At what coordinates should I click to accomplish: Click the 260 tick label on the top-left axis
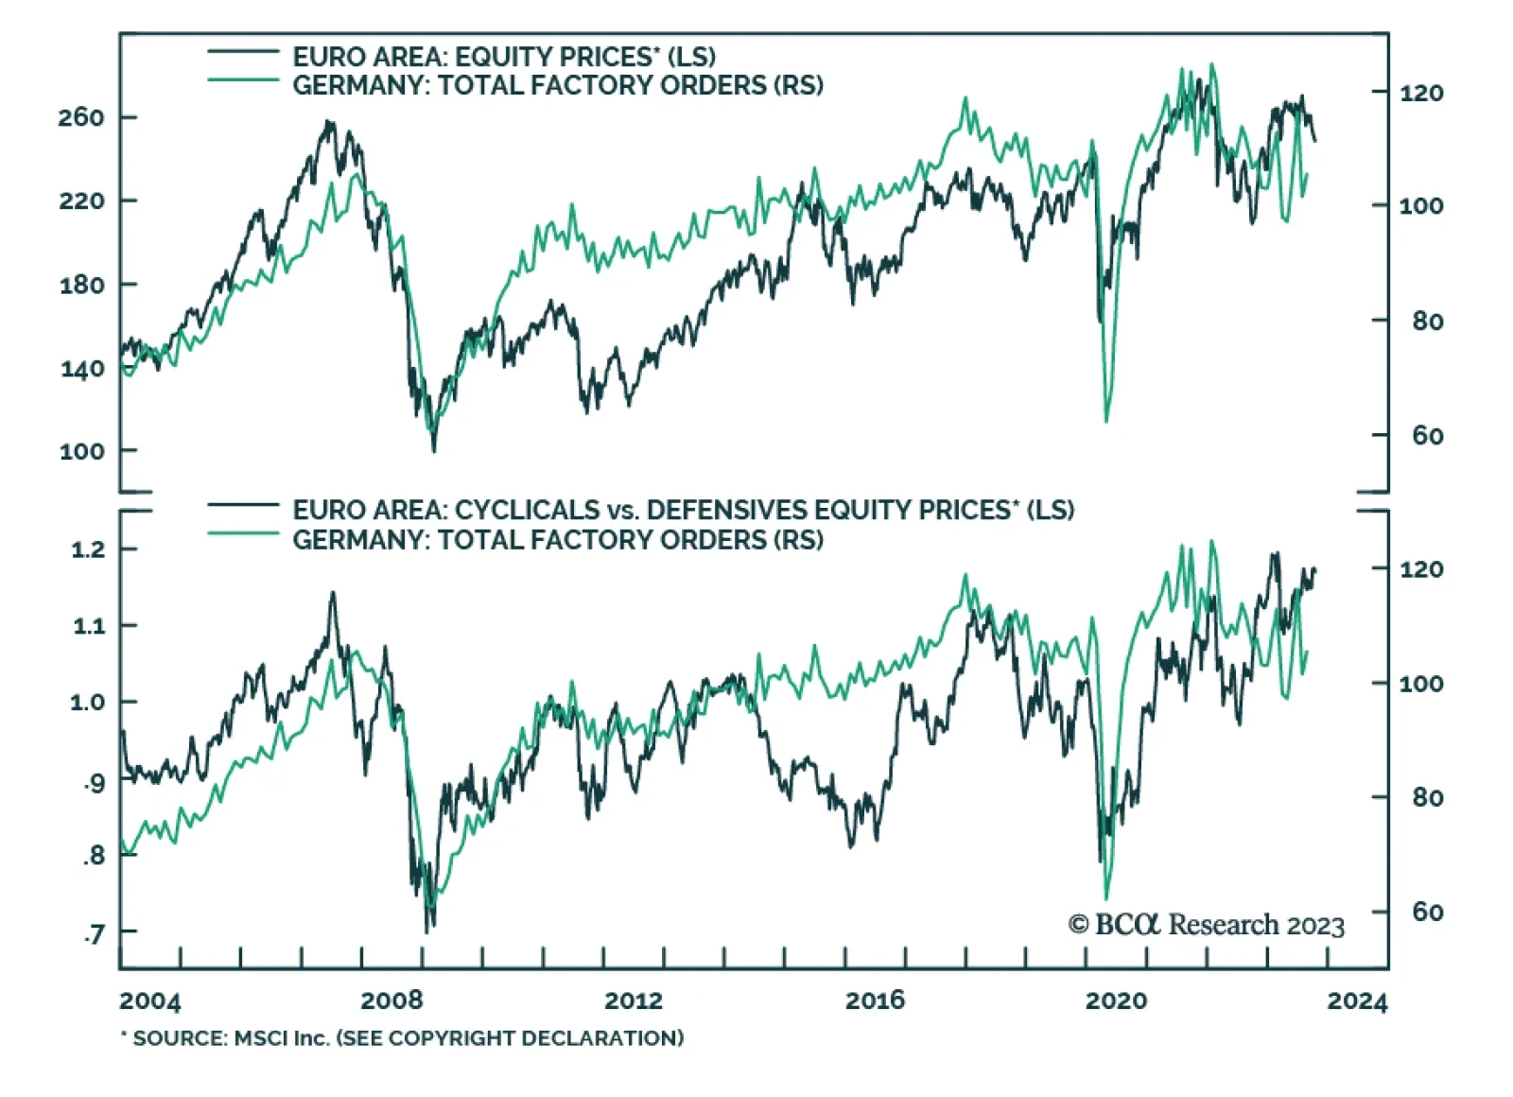[x=81, y=117]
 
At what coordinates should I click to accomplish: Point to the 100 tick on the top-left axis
[x=81, y=451]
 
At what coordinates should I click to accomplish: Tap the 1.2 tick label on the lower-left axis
[x=88, y=549]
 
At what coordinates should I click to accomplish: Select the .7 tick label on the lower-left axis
[x=94, y=934]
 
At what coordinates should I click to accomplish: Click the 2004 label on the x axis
[x=150, y=1001]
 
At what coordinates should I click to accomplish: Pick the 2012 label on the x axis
[x=634, y=1001]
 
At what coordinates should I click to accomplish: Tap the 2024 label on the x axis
[x=1357, y=1001]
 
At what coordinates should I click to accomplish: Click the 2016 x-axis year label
[x=875, y=1001]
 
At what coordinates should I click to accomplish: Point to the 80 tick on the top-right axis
[x=1428, y=322]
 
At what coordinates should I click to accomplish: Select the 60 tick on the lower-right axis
[x=1428, y=913]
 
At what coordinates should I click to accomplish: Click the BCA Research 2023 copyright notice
[x=1207, y=924]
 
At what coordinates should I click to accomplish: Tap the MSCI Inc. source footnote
[x=402, y=1037]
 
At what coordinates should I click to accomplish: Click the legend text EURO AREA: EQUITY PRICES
[x=503, y=57]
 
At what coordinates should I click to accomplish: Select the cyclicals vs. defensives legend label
[x=683, y=511]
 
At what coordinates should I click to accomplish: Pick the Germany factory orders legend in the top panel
[x=558, y=85]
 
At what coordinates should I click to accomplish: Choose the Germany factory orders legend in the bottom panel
[x=558, y=540]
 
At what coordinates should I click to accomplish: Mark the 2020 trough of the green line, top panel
[x=1106, y=421]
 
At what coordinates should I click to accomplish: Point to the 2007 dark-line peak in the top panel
[x=328, y=121]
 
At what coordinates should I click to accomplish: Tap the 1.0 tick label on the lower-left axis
[x=88, y=703]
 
